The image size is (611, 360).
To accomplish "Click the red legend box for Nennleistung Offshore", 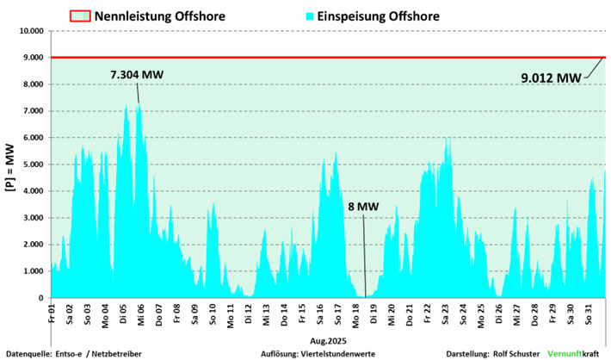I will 80,16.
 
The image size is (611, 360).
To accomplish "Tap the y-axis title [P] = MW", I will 11,164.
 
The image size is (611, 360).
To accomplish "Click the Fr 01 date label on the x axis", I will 52,311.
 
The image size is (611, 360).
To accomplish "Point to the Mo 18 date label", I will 355,311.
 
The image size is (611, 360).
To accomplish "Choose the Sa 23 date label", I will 445,311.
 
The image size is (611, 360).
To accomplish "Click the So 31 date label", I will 588,311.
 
